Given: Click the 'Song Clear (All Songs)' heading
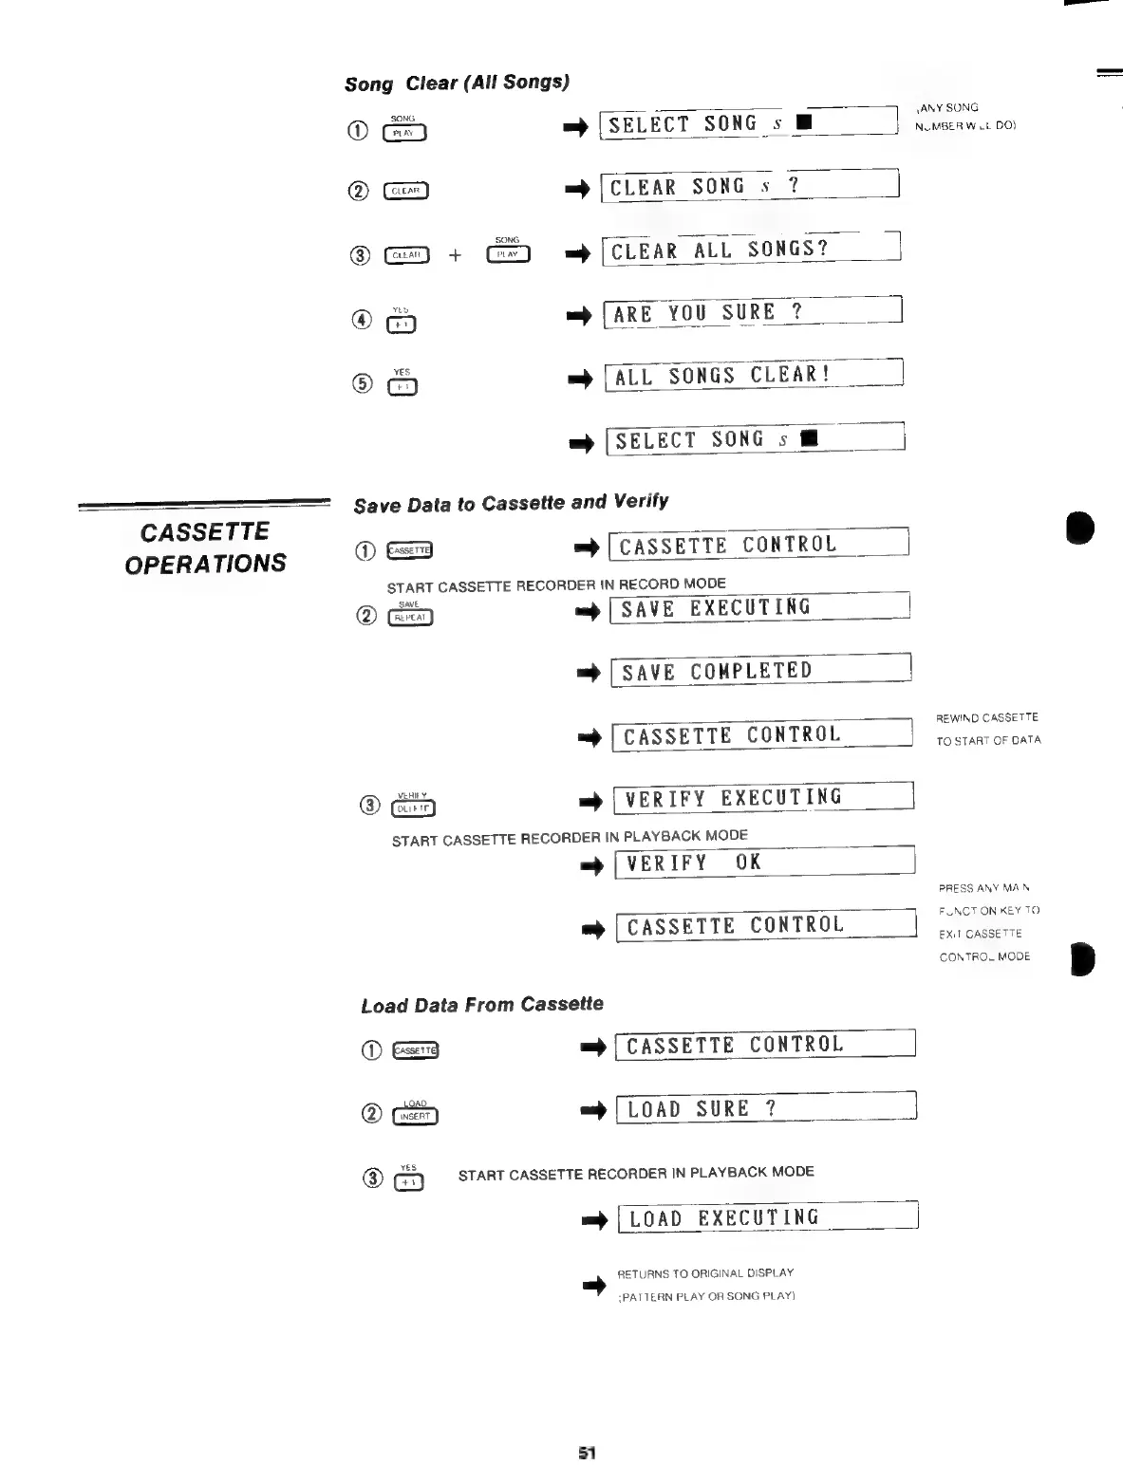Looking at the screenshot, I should point(457,83).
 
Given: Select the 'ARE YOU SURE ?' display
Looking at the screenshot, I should point(752,312).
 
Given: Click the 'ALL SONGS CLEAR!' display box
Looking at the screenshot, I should point(753,376).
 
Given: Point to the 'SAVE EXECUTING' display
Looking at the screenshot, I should point(759,608).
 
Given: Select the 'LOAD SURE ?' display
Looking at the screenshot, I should point(765,1108).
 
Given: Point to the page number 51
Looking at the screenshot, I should point(587,1453).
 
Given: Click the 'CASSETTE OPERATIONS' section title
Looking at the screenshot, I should point(205,547).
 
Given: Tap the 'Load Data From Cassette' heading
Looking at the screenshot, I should point(482,1005).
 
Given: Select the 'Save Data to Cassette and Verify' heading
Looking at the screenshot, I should point(511,503).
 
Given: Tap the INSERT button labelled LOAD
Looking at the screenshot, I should point(415,1116).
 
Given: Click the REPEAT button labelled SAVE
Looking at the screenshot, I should point(410,618).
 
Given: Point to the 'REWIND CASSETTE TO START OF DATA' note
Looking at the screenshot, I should point(987,729).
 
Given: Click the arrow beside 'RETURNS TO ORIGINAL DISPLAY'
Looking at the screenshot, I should point(594,1286).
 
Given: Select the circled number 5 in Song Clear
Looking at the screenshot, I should point(362,384).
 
